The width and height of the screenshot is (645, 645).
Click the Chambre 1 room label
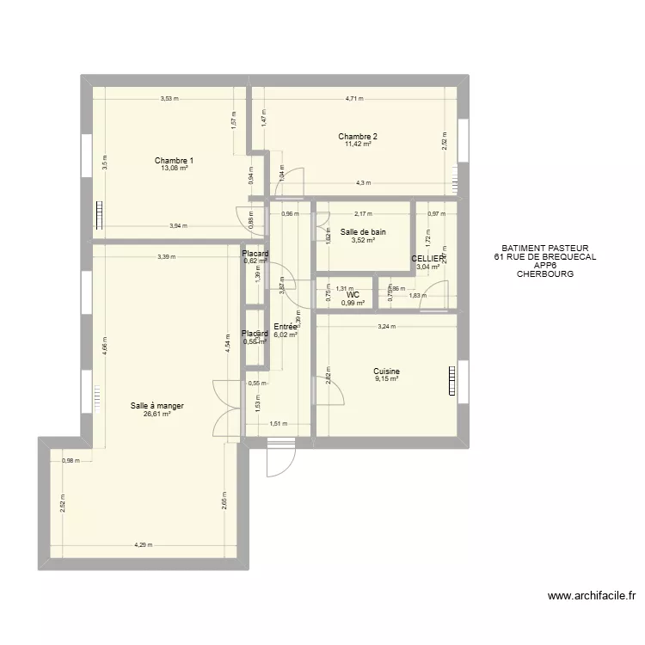174,161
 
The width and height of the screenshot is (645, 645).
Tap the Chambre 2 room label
357,136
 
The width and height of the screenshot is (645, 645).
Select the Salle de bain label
362,232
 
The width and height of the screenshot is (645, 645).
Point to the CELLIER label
427,258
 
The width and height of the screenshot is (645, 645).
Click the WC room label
353,294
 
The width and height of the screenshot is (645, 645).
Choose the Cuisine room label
386,372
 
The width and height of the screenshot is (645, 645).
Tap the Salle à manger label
157,406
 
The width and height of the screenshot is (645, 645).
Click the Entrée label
286,327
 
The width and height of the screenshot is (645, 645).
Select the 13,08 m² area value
174,169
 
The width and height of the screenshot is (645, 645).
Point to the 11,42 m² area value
357,144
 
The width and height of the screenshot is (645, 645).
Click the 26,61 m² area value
157,414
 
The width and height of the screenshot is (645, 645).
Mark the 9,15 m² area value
386,379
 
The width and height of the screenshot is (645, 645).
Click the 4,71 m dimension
354,99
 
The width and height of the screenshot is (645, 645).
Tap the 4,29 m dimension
144,544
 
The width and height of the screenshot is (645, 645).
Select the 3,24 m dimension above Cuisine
386,327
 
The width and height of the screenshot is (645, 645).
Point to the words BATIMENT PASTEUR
544,248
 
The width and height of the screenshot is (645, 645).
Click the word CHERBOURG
544,274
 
